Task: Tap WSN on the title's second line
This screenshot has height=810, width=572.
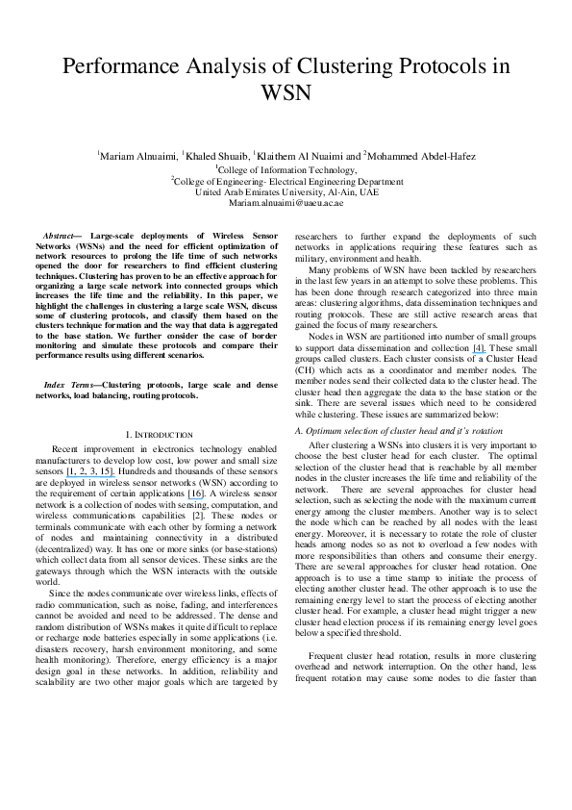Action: (x=286, y=94)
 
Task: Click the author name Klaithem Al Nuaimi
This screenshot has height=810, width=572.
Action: (x=308, y=155)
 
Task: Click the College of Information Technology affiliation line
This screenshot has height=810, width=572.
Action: (x=286, y=167)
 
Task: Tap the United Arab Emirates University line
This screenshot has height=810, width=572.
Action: (x=286, y=191)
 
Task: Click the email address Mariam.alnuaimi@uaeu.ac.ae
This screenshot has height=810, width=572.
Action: (x=286, y=204)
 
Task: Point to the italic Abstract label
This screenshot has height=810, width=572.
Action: (x=64, y=236)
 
